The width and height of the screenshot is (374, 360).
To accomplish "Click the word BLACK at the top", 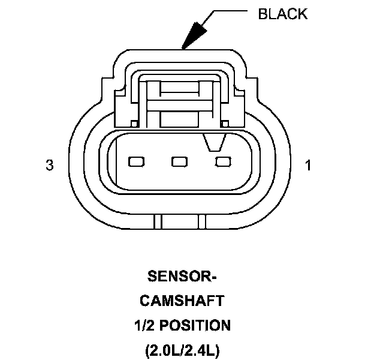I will click(282, 14).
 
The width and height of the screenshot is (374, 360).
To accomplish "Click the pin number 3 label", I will click(50, 166).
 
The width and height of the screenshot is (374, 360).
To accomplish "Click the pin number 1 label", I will click(308, 166).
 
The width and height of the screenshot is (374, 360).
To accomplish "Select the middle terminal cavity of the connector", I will click(179, 161).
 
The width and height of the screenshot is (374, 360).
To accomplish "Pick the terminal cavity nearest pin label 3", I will click(136, 161).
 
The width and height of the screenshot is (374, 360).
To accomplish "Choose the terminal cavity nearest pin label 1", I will click(223, 161).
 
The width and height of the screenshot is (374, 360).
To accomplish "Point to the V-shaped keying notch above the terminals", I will click(213, 143).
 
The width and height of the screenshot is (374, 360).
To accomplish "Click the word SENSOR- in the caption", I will click(182, 277).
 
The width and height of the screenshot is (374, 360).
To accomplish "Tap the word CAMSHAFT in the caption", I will click(182, 301).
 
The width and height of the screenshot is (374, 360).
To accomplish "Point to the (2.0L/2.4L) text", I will click(182, 350).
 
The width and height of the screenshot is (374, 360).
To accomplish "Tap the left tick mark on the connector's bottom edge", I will click(157, 221).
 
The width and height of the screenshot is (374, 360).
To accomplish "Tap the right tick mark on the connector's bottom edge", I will click(202, 221).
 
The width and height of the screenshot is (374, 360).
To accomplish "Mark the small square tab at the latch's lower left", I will click(135, 123).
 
